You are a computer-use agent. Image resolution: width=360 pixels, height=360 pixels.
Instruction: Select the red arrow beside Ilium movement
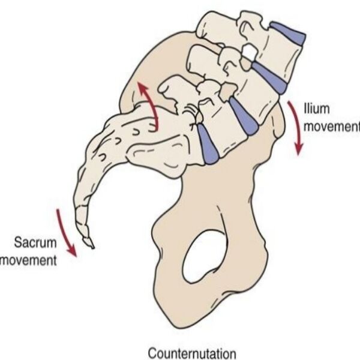(x=296, y=127)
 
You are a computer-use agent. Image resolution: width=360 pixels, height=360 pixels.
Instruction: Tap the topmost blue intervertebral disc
(x=288, y=32)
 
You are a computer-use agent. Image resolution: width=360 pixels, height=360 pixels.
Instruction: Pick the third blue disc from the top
(x=242, y=116)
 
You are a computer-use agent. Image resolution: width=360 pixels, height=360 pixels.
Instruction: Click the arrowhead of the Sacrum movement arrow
(x=74, y=253)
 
